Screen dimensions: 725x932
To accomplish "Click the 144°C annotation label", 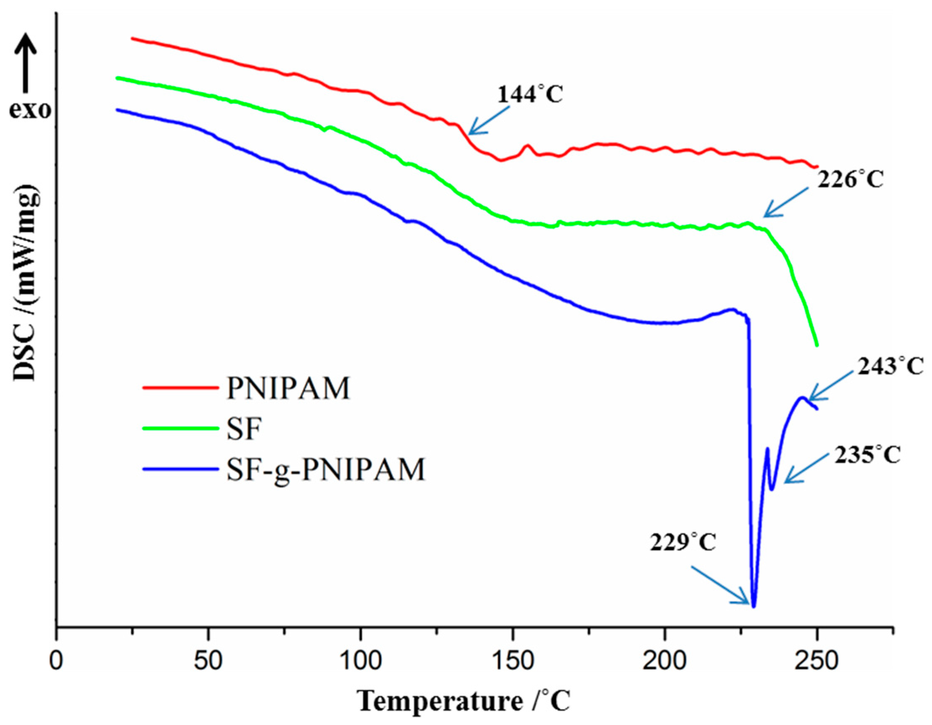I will [530, 94].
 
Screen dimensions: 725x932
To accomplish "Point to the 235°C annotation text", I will [867, 455].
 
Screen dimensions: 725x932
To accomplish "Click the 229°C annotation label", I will [683, 543].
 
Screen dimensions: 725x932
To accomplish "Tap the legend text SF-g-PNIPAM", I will [326, 469].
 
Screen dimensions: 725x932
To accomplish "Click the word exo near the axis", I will [30, 110].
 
